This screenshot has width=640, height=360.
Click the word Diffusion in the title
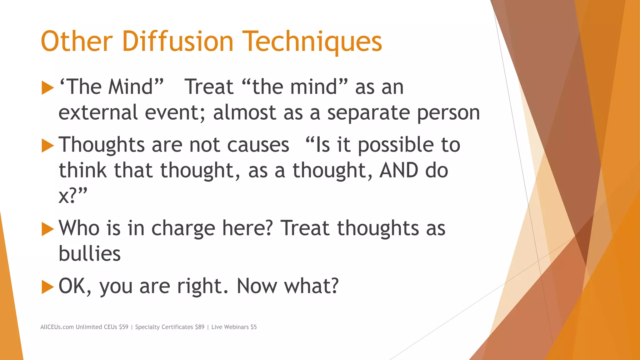coord(177,41)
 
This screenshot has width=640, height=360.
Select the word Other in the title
coord(77,41)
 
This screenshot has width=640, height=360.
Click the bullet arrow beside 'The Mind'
coord(47,88)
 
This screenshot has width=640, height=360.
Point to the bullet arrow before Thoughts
coord(47,146)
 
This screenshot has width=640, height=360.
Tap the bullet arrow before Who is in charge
coord(47,229)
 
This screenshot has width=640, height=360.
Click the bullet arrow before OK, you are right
coord(47,287)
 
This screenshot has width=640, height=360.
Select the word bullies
coord(90,253)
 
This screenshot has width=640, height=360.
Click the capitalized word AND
coord(398,171)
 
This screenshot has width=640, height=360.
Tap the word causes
coord(258,145)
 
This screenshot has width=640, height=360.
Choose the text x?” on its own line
coord(72,196)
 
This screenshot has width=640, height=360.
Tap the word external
coord(98,112)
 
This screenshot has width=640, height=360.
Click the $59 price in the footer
coord(123,327)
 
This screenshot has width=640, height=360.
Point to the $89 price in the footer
coord(199,327)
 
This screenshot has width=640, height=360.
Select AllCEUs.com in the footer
coord(57,327)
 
